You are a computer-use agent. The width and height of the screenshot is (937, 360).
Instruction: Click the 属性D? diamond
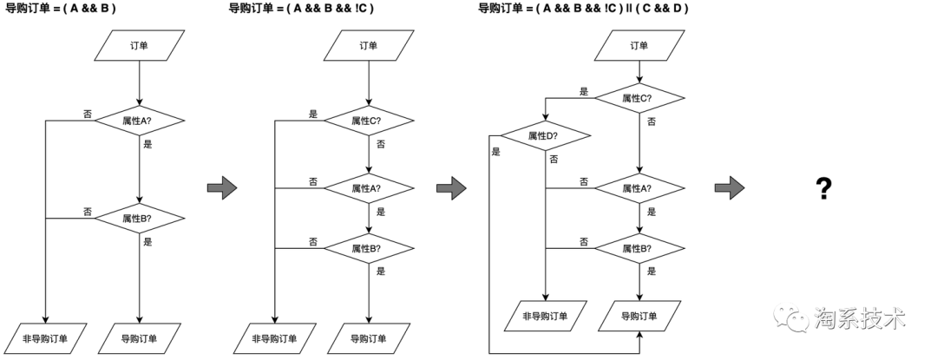(x=545, y=136)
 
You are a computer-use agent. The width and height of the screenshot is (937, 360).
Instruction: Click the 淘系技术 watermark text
(x=858, y=318)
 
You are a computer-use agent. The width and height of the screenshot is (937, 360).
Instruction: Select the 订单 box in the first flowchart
(x=139, y=46)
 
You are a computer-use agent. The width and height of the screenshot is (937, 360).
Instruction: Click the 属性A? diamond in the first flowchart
(x=139, y=121)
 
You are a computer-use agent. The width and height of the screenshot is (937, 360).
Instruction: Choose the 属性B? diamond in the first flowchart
(x=139, y=219)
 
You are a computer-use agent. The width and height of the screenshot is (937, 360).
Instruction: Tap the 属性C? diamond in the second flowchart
(x=368, y=121)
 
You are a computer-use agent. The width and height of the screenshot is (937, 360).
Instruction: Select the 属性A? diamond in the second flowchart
(x=368, y=188)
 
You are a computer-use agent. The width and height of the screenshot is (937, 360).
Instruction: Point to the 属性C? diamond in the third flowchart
(x=639, y=99)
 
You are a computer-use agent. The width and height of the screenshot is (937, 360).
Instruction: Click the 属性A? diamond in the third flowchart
(x=639, y=188)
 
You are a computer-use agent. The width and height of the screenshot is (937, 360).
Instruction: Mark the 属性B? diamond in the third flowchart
(x=639, y=248)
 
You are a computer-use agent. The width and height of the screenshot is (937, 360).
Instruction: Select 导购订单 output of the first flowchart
(x=139, y=338)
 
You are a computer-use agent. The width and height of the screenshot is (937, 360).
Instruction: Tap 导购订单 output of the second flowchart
(x=368, y=338)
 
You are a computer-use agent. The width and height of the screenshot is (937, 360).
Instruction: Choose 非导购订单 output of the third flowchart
(x=545, y=316)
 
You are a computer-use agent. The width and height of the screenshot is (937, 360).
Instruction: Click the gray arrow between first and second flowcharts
(x=222, y=187)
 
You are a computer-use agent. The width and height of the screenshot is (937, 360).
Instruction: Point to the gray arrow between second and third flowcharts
(x=451, y=187)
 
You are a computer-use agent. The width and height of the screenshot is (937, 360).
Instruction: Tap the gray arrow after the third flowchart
(x=729, y=187)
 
